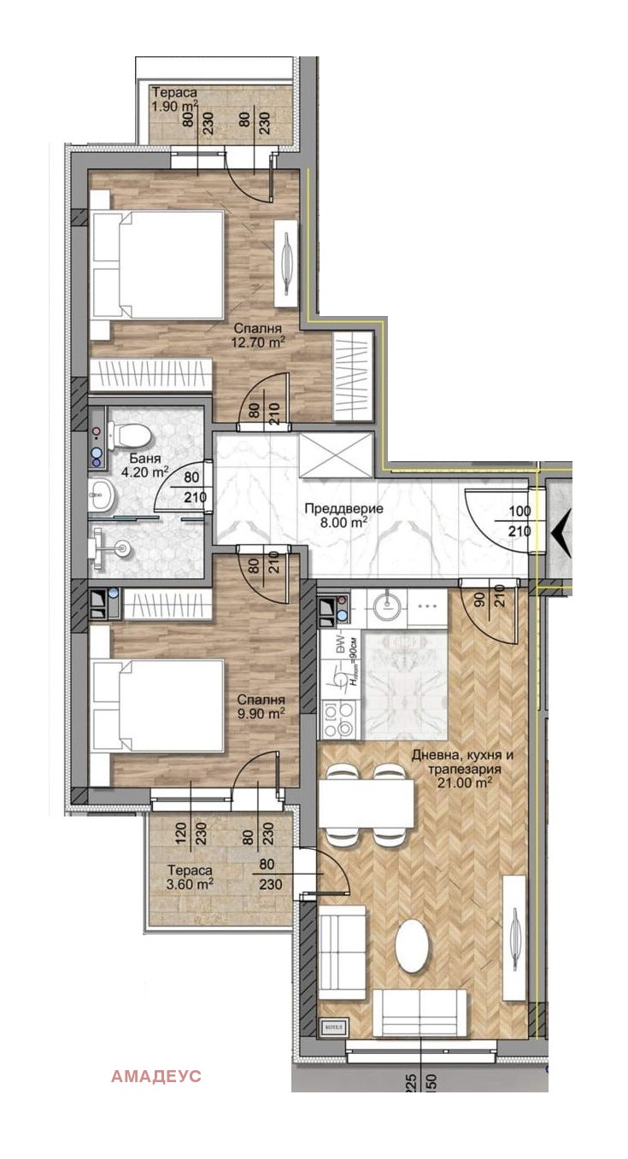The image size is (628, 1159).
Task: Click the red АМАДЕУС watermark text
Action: click(156, 1076)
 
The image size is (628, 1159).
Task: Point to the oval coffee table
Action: click(413, 945)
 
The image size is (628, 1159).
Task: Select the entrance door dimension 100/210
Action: click(519, 521)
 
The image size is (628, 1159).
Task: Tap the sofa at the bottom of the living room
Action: click(424, 1012)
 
